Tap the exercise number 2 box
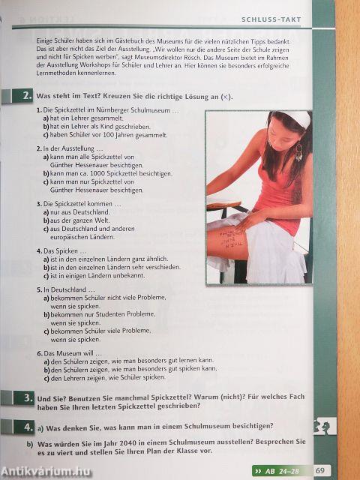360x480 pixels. pyautogui.click(x=25, y=95)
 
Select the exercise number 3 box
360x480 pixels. pyautogui.click(x=26, y=398)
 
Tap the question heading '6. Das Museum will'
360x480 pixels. pyautogui.click(x=71, y=352)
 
